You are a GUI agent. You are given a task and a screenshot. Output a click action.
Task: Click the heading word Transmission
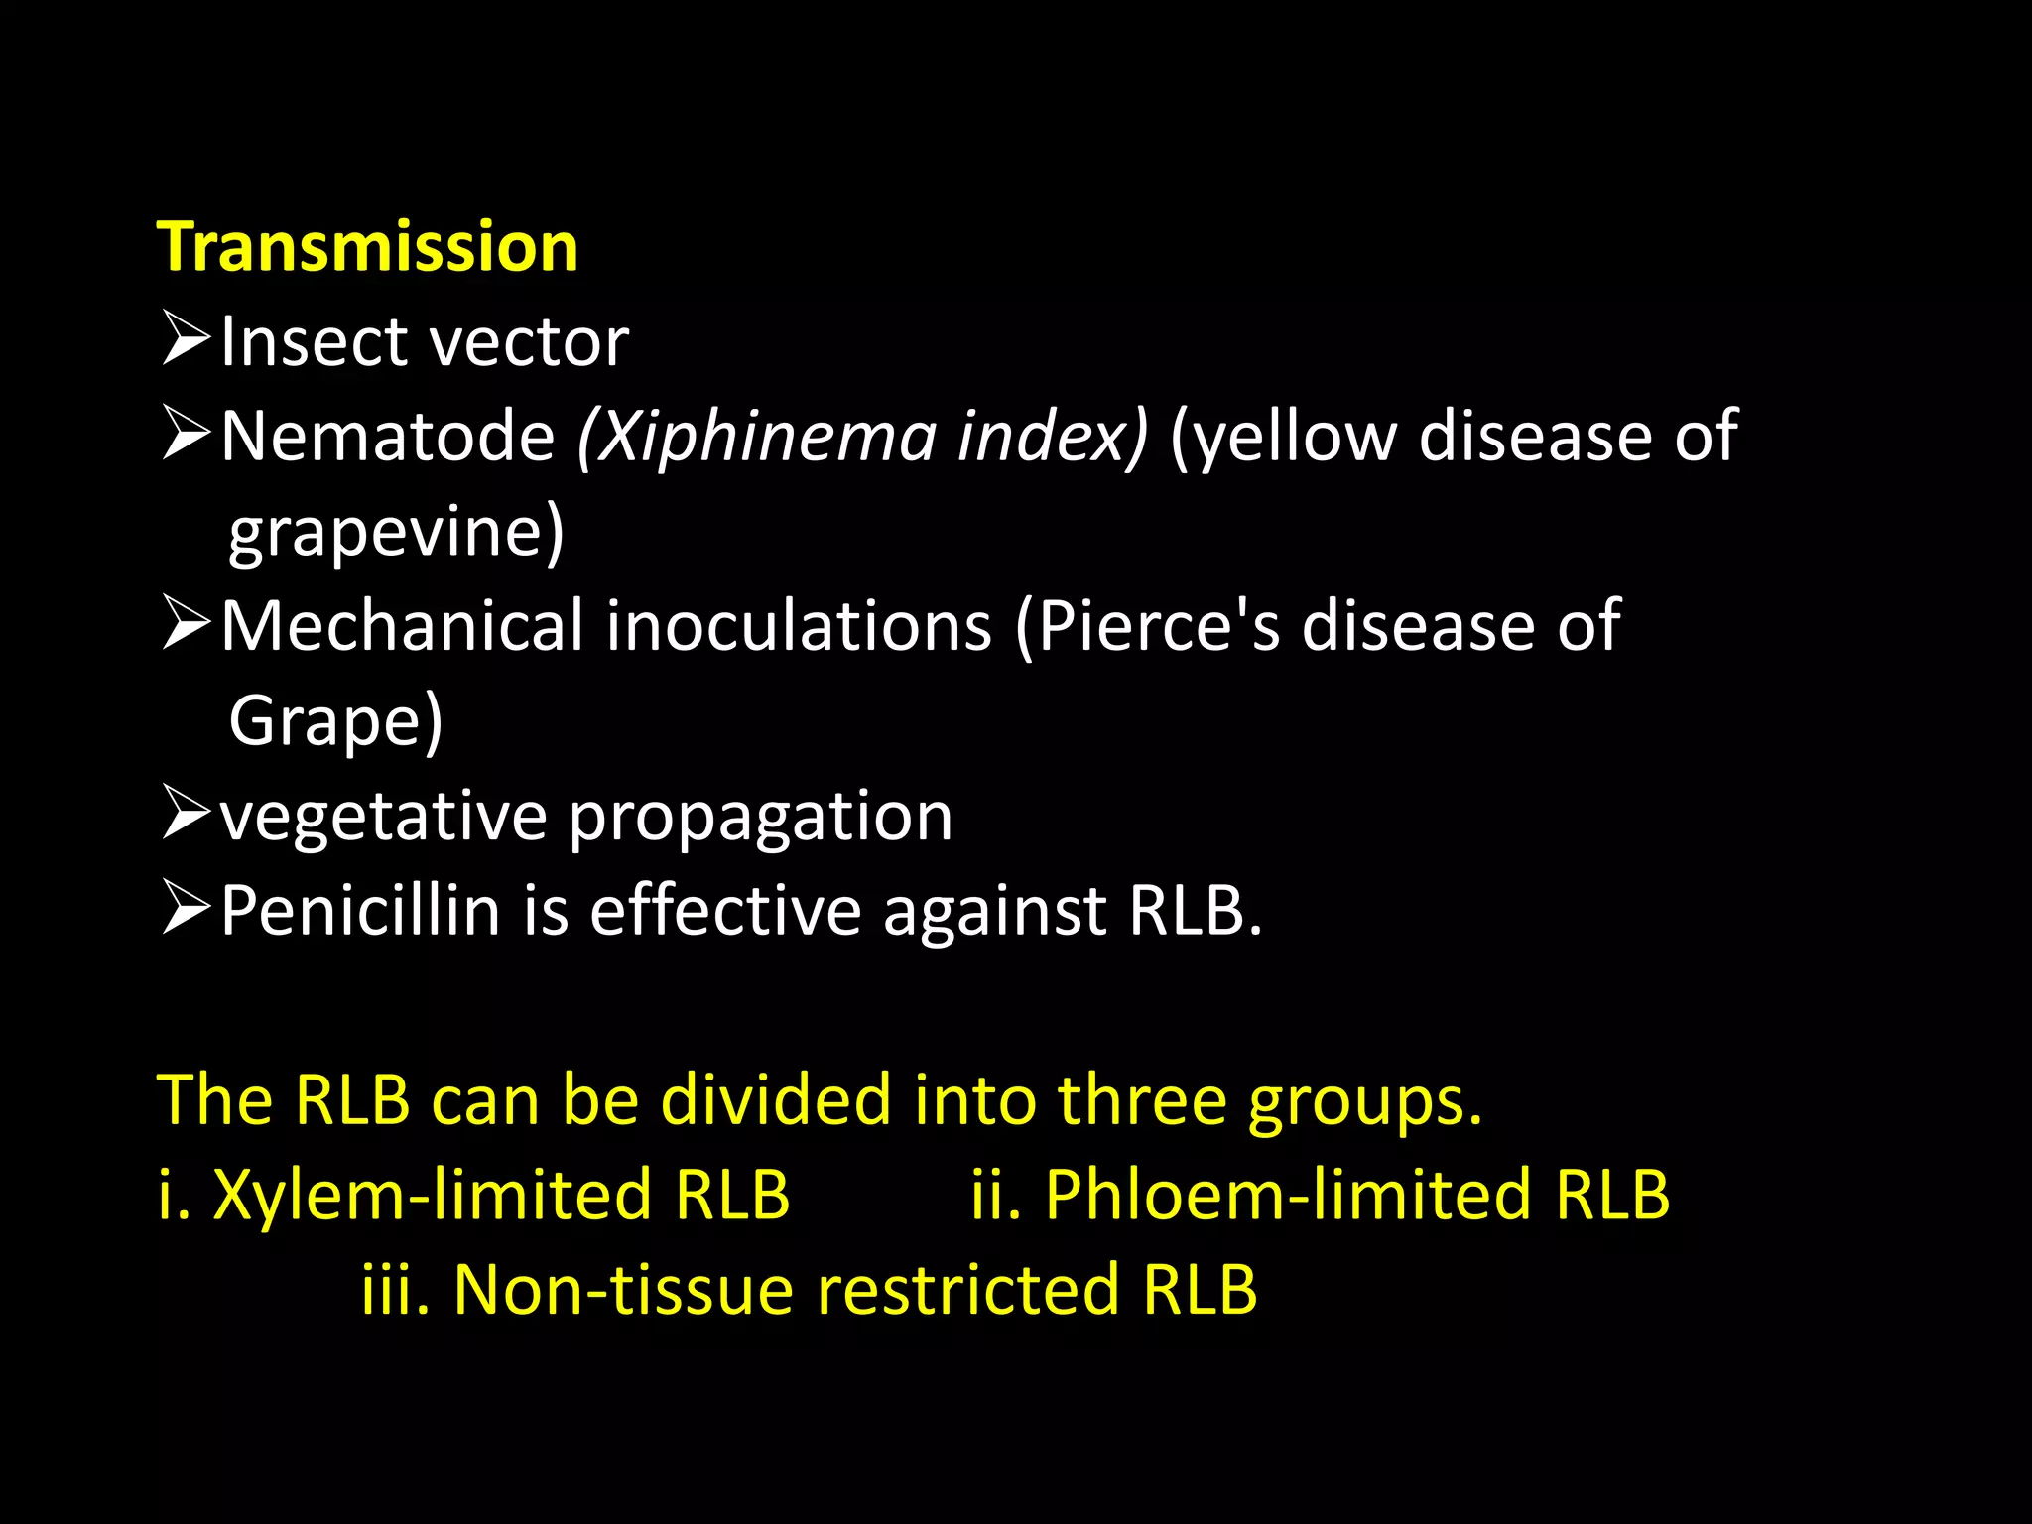(367, 247)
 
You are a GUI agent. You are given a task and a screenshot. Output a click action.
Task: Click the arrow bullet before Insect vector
(186, 338)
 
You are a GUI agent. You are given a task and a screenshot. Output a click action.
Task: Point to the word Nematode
(387, 437)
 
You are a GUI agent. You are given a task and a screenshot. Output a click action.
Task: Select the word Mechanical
(402, 626)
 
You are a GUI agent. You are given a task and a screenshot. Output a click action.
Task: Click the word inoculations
(799, 626)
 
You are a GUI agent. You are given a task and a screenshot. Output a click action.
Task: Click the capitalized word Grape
(327, 721)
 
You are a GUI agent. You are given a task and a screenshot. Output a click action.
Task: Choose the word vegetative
(383, 817)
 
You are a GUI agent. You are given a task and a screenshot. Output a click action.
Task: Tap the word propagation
(760, 817)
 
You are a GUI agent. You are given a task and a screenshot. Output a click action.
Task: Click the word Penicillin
(360, 910)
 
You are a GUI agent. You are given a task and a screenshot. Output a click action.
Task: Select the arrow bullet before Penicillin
(186, 908)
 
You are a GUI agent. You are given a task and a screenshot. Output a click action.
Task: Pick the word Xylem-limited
(432, 1195)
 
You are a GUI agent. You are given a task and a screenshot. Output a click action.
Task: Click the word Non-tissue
(623, 1290)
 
